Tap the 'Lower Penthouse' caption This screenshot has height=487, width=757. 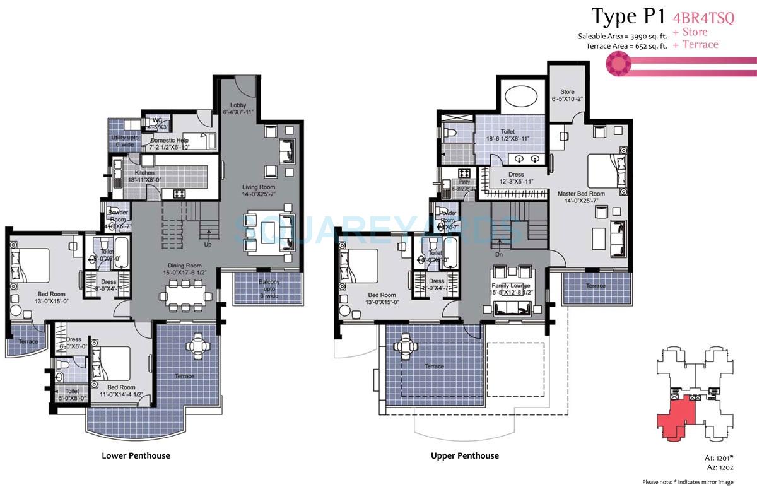point(136,455)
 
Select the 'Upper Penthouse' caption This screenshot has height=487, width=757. point(465,455)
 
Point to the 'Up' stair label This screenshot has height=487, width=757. point(208,243)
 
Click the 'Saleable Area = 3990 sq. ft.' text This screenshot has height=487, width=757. point(622,36)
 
